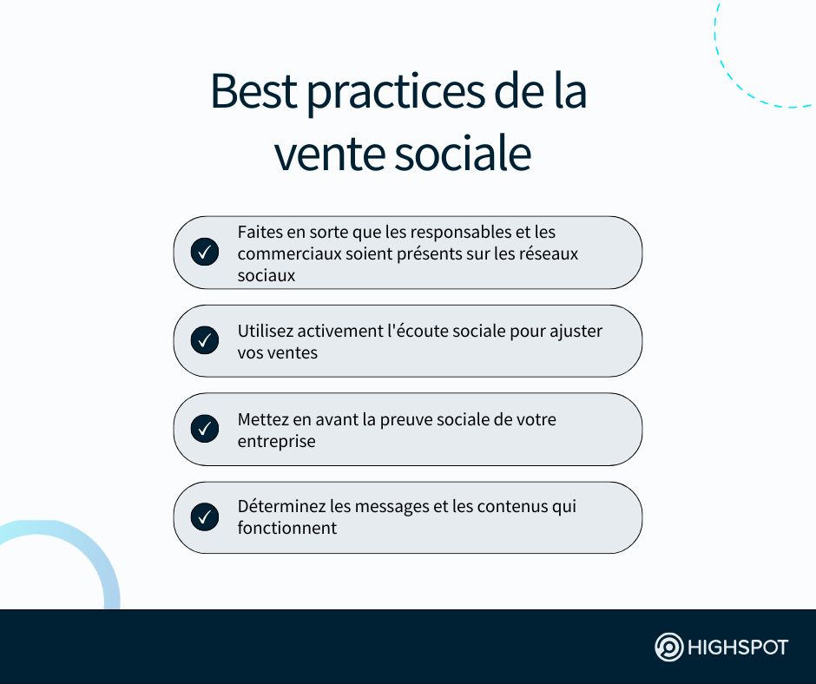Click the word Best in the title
pyautogui.click(x=254, y=91)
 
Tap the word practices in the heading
pyautogui.click(x=396, y=95)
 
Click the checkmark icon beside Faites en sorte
pyautogui.click(x=205, y=252)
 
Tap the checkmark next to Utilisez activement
pyautogui.click(x=205, y=340)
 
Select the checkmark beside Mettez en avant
pyautogui.click(x=205, y=429)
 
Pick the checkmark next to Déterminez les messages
pyautogui.click(x=205, y=516)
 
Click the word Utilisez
pyautogui.click(x=266, y=331)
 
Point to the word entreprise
pyautogui.click(x=276, y=442)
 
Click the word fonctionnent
pyautogui.click(x=287, y=529)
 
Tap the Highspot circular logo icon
pyautogui.click(x=668, y=647)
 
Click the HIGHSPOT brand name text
pyautogui.click(x=738, y=648)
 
